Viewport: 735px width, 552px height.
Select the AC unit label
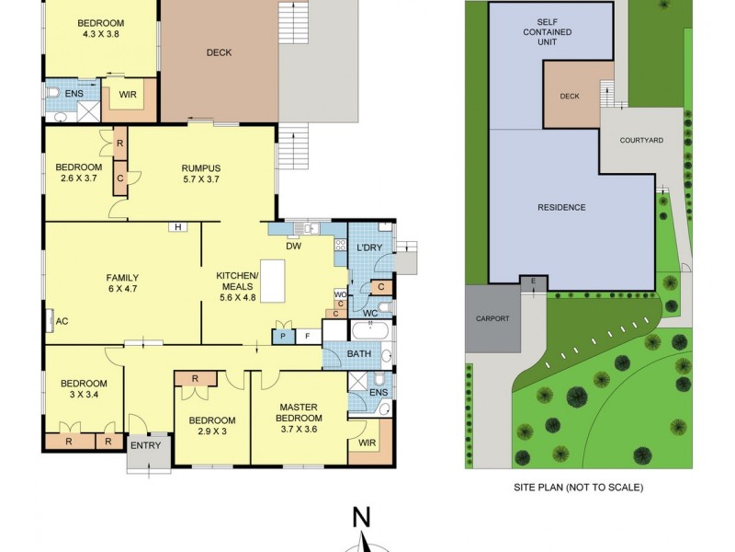(62, 321)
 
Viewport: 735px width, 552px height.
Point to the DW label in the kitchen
(294, 247)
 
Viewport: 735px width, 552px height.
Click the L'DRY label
(369, 248)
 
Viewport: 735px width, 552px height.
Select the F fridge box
(307, 336)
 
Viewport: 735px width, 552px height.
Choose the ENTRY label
(145, 445)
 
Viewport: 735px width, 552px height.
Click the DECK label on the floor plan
(219, 52)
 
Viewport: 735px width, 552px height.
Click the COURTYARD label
(641, 141)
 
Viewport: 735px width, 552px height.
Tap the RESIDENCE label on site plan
(561, 207)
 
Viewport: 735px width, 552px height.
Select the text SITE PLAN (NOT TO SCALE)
(578, 487)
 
